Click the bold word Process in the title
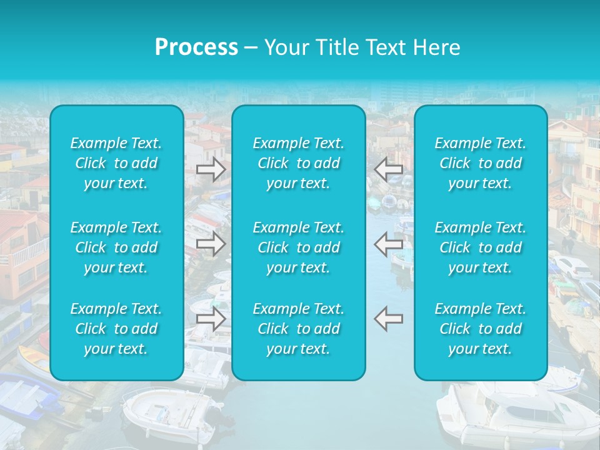click(x=196, y=47)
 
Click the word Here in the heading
click(x=437, y=47)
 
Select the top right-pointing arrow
click(x=211, y=169)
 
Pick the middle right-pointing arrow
click(x=211, y=244)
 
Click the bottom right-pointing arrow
click(x=211, y=319)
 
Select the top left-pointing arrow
click(x=389, y=169)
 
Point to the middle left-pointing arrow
click(x=389, y=244)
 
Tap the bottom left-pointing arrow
click(x=389, y=319)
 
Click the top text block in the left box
click(x=116, y=163)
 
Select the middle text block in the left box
click(x=116, y=247)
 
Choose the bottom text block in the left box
click(x=116, y=329)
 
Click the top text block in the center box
click(x=299, y=163)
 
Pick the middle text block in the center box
click(x=299, y=247)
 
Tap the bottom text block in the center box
click(x=299, y=329)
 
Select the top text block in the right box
click(x=481, y=163)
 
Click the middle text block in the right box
click(x=481, y=247)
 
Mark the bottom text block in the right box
click(x=481, y=329)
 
